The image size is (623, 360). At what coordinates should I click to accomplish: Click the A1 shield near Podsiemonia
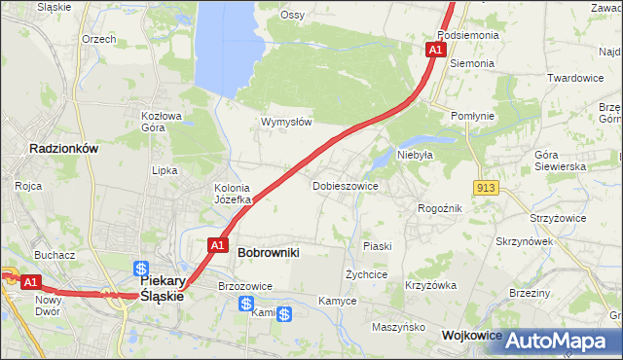435,49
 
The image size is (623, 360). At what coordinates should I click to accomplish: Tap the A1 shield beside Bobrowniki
218,245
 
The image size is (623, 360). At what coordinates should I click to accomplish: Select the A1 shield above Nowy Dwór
31,282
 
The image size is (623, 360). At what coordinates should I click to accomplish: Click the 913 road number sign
488,187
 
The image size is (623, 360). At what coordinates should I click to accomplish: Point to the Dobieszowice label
345,185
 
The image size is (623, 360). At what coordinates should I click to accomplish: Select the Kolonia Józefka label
233,194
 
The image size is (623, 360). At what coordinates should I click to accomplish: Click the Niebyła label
414,154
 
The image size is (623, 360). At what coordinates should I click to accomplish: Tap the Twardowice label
575,78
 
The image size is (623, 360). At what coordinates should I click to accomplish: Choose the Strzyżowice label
558,219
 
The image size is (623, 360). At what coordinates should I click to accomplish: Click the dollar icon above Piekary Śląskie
141,268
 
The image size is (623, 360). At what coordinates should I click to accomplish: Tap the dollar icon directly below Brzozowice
246,304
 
